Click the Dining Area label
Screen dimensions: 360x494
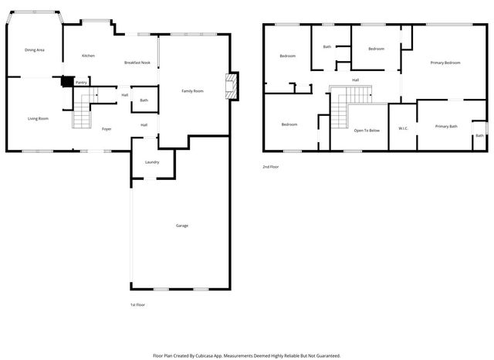click(x=34, y=50)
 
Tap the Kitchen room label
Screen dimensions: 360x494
click(x=89, y=56)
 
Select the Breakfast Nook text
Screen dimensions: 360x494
click(x=137, y=62)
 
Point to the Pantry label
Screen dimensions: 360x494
click(x=81, y=82)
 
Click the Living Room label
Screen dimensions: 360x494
click(x=39, y=118)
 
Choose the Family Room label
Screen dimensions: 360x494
click(x=192, y=91)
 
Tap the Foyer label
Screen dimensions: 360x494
click(x=107, y=128)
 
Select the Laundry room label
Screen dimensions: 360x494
click(x=152, y=161)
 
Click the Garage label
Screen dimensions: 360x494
click(x=182, y=226)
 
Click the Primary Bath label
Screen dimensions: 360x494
click(x=446, y=126)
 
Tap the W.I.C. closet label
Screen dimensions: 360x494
click(x=403, y=128)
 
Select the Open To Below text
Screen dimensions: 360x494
click(x=367, y=131)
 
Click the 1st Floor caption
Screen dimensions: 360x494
click(x=137, y=304)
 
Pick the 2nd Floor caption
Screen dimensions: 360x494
click(x=271, y=166)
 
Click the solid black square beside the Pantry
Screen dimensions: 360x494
click(x=68, y=80)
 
